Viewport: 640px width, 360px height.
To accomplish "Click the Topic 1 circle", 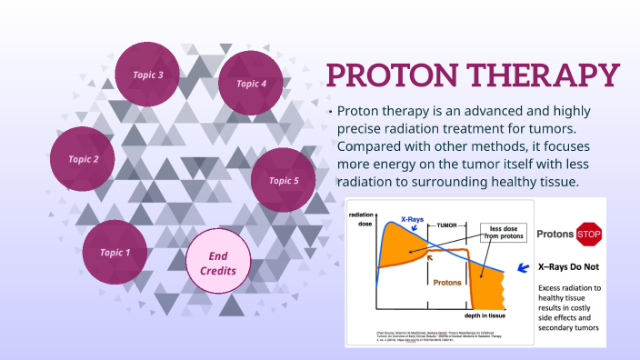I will [115, 252].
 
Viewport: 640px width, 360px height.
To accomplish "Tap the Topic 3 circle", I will [148, 75].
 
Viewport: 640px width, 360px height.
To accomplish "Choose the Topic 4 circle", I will [252, 84].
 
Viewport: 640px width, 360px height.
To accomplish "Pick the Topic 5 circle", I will [284, 180].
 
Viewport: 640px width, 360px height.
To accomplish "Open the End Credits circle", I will [217, 264].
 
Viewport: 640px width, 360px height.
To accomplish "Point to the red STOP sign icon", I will [590, 234].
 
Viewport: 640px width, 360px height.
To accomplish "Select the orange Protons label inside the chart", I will [446, 281].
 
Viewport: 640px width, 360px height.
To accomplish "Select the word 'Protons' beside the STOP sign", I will [554, 235].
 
